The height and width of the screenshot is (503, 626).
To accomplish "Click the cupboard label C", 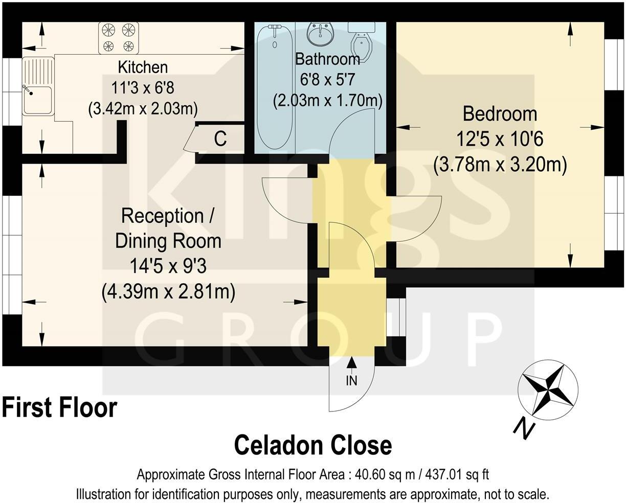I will [220, 139].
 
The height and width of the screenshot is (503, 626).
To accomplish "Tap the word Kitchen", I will [143, 67].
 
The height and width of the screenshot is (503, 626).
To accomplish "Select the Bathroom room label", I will [327, 59].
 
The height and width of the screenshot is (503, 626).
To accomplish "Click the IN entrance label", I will [351, 381].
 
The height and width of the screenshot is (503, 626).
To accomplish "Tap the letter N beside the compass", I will [522, 427].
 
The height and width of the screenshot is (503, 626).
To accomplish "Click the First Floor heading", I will [59, 407].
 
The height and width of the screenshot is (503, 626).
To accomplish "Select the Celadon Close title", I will [313, 445].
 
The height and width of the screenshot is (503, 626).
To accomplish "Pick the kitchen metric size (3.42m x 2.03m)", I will [143, 109].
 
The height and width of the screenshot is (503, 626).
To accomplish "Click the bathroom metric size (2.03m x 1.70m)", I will [327, 100].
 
